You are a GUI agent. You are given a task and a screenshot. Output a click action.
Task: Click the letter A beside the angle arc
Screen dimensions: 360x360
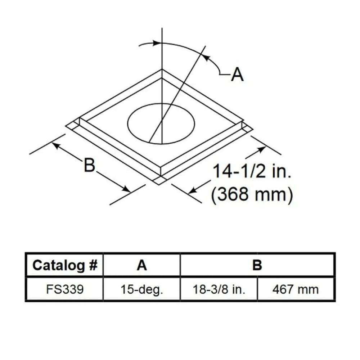click(237, 75)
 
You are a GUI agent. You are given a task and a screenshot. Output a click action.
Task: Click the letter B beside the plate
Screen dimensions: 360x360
click(90, 165)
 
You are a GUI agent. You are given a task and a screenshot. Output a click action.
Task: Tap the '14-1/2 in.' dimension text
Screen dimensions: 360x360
click(252, 171)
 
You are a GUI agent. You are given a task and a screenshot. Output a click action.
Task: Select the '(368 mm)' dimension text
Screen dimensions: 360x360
click(252, 194)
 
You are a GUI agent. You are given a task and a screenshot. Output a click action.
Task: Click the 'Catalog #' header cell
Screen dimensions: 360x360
click(65, 265)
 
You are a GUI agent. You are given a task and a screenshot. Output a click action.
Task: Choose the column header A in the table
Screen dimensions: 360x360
click(141, 265)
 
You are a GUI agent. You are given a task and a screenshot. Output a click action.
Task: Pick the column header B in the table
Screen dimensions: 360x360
click(257, 265)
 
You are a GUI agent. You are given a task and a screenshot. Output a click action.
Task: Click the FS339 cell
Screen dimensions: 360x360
click(65, 289)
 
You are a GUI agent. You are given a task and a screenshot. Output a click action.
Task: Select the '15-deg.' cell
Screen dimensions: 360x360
click(141, 289)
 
